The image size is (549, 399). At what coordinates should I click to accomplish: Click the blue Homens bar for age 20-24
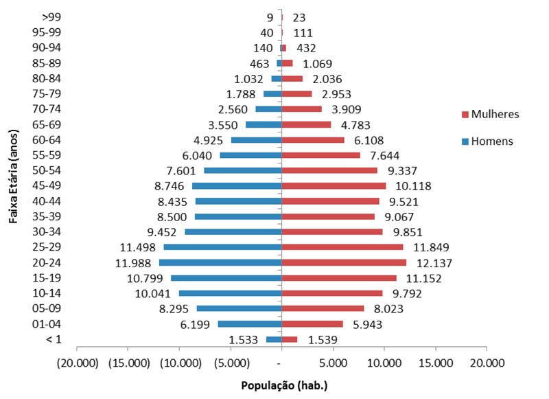220,263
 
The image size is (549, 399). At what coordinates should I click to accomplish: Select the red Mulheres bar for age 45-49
334,186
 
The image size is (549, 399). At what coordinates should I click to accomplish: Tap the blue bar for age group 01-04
249,324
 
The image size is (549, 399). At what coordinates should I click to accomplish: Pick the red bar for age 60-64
313,140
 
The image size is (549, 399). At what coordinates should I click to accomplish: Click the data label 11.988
137,263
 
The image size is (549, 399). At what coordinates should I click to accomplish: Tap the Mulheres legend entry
490,114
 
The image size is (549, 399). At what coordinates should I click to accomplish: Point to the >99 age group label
51,17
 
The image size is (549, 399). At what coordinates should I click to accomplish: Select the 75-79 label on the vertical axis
47,93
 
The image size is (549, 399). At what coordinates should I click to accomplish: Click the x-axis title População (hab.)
284,385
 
